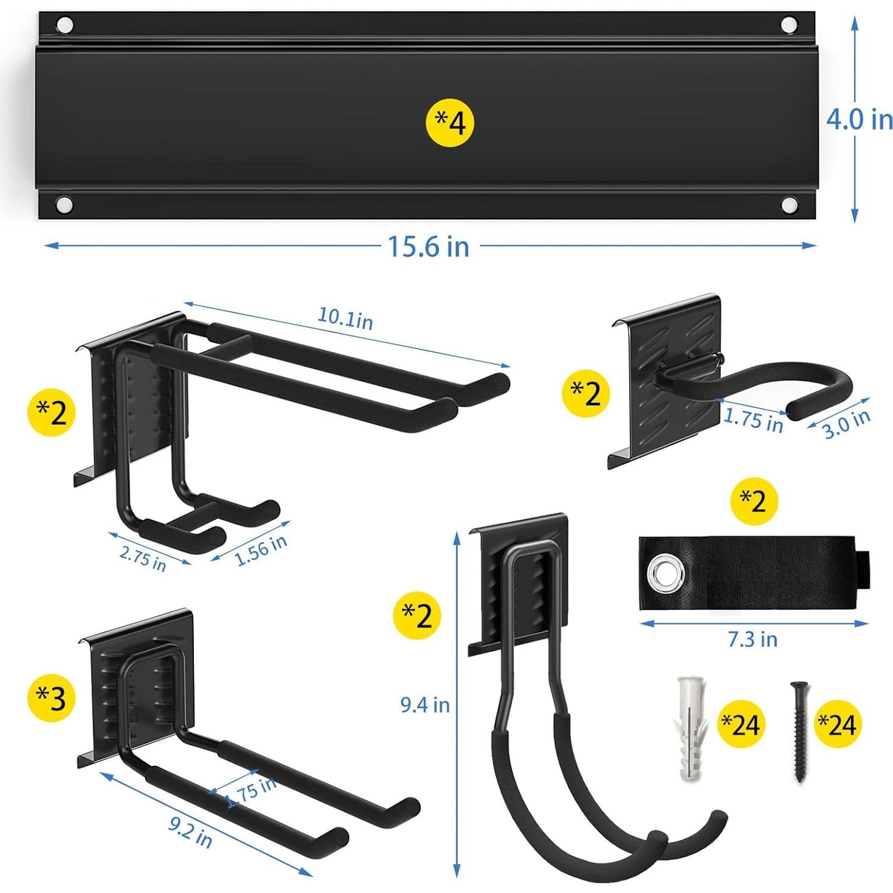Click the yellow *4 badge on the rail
point(449,123)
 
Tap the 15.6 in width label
point(429,246)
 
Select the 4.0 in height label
point(858,119)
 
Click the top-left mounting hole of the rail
point(64,26)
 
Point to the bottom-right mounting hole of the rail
point(789,204)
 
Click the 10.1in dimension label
point(345,319)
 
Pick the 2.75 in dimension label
point(143,559)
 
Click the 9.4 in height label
point(424,705)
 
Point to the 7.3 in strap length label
point(753,639)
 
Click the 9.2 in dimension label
point(190,831)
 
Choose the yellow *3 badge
point(52,697)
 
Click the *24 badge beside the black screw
point(836,724)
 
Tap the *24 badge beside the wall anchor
point(740,724)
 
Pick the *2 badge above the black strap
point(754,502)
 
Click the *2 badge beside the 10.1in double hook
point(52,413)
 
